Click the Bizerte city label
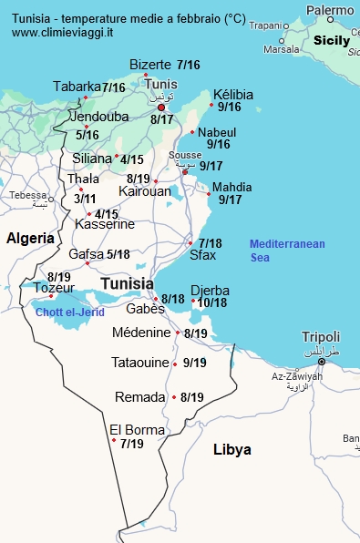(x=150, y=65)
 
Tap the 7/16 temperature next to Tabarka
(x=114, y=87)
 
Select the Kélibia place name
(x=232, y=95)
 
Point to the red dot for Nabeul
(x=192, y=133)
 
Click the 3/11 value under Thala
(x=85, y=199)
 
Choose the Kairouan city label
(x=144, y=191)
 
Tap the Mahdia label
(x=231, y=188)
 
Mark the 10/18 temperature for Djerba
(x=212, y=302)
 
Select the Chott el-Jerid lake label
(x=70, y=312)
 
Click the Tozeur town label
(x=54, y=288)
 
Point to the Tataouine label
(x=140, y=363)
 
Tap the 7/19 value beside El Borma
(x=131, y=444)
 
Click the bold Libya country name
(x=231, y=450)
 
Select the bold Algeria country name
(x=31, y=238)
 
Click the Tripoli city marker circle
(x=321, y=362)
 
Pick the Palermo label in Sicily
(x=330, y=11)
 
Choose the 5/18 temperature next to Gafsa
(x=118, y=255)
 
